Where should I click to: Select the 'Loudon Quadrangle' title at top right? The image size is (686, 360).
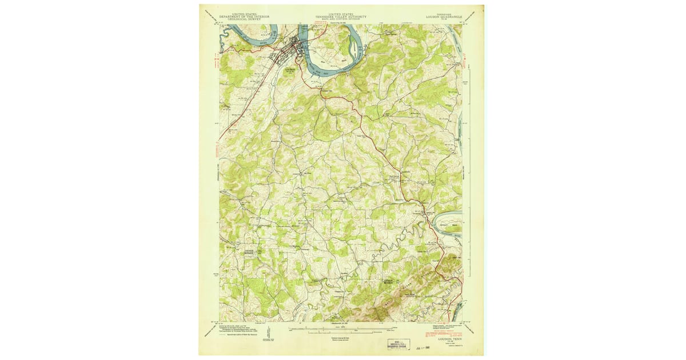click(x=444, y=17)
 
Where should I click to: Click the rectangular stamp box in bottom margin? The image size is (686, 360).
click(x=395, y=342)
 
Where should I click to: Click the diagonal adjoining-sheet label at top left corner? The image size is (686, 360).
click(x=210, y=15)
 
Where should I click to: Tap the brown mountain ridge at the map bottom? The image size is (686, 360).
click(x=380, y=312)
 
